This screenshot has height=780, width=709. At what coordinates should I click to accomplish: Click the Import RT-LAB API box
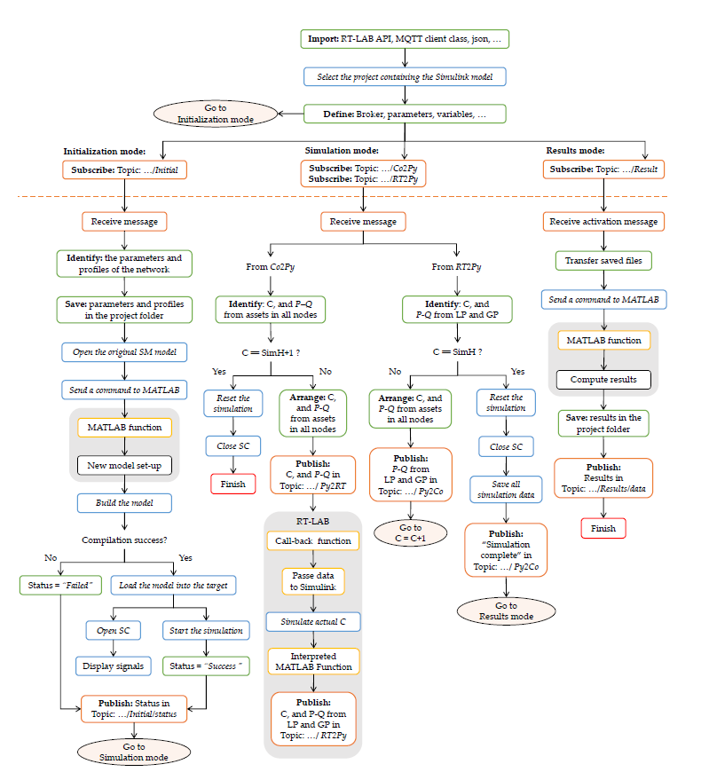[x=405, y=39]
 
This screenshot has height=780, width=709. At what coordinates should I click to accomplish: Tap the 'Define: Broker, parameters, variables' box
[x=405, y=114]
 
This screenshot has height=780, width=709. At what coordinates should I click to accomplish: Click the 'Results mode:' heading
[x=577, y=151]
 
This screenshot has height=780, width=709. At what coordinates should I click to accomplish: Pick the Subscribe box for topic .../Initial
[x=125, y=169]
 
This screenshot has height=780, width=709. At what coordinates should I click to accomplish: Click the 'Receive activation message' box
[x=603, y=221]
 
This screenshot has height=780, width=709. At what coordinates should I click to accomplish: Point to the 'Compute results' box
[x=603, y=380]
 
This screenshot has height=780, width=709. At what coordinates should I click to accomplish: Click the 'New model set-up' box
[x=124, y=465]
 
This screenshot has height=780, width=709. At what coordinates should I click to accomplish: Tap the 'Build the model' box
[x=124, y=502]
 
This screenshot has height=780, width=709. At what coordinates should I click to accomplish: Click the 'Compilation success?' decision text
[x=124, y=540]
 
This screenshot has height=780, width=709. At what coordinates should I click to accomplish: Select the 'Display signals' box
[x=112, y=666]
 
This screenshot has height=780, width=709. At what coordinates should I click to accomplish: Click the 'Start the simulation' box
[x=206, y=630]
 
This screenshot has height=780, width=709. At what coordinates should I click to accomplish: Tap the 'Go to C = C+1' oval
[x=411, y=532]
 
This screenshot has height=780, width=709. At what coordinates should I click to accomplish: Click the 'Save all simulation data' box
[x=506, y=489]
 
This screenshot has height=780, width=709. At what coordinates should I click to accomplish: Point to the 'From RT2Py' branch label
[x=457, y=266]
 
